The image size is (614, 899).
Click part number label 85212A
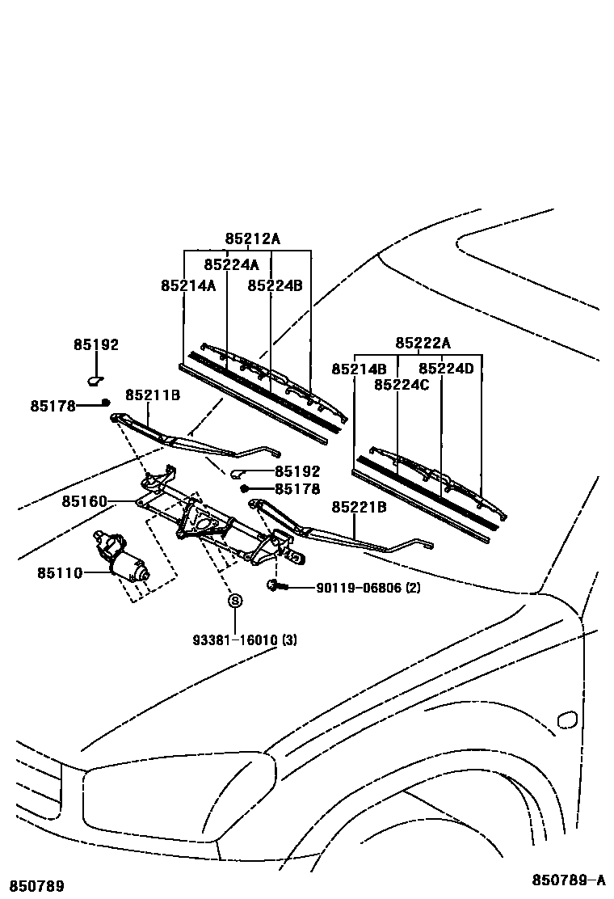[x=252, y=239]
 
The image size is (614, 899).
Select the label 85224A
[x=231, y=265]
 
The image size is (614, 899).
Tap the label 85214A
[x=188, y=285]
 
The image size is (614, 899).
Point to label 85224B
[x=275, y=285]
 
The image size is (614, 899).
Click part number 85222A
[x=423, y=344]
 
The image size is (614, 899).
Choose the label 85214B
[x=359, y=369]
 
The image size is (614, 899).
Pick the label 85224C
[x=402, y=385]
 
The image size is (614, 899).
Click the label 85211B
[x=152, y=395]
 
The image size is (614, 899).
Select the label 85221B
[x=359, y=507]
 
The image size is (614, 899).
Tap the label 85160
[x=84, y=502]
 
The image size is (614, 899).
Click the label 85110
[x=59, y=573]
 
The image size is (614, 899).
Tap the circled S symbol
[x=234, y=601]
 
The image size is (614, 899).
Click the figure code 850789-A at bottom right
[x=567, y=880]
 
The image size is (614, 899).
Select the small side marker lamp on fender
[x=567, y=719]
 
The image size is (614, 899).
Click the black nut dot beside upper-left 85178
[x=106, y=403]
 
